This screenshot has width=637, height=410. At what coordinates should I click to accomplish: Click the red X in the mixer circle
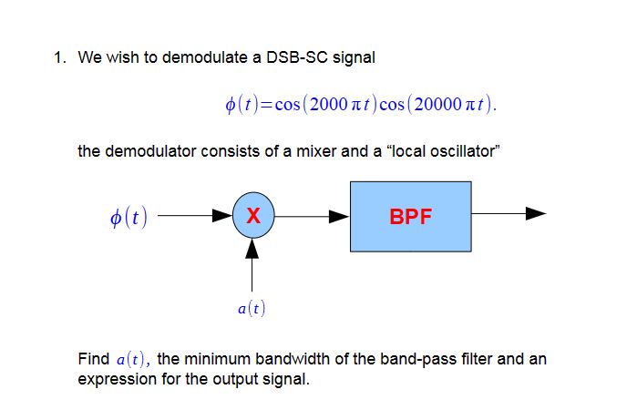tap(253, 216)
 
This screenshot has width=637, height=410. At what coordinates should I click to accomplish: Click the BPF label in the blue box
tap(411, 217)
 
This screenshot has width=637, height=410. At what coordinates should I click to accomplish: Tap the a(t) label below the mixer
tap(252, 309)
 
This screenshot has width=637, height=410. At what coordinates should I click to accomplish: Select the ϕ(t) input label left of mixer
tap(128, 217)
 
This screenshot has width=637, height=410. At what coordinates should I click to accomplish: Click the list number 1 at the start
tap(57, 58)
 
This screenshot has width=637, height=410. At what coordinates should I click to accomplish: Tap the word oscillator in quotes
tap(464, 151)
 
